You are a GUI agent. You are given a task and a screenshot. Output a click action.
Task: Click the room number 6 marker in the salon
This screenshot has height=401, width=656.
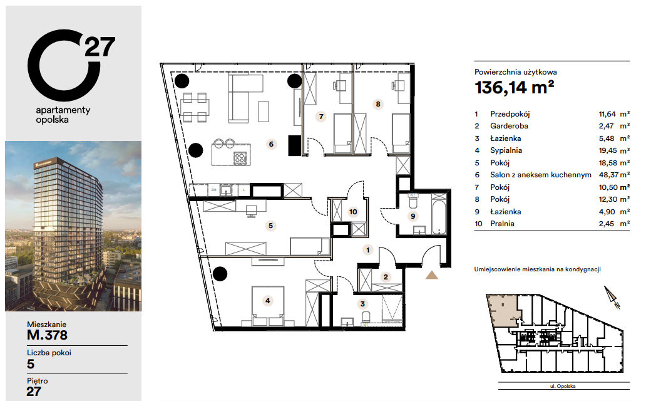pos(271,144)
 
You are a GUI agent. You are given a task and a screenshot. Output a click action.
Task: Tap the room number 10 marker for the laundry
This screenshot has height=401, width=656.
pos(353,212)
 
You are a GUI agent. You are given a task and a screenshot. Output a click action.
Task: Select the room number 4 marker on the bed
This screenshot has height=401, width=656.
pos(267,301)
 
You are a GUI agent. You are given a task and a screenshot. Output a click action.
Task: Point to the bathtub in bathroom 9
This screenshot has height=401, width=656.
pos(439,212)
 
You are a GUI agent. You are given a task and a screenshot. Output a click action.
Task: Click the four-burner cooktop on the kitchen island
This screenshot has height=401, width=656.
pos(240,158)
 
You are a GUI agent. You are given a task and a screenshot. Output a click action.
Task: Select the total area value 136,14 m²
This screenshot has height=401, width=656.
pos(514,88)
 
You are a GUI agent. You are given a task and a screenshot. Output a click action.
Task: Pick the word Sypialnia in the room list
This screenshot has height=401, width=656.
pos(506,150)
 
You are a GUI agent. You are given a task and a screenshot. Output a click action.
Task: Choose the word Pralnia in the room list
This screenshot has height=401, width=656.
pos(502,224)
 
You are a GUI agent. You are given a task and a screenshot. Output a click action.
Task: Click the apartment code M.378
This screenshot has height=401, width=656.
pos(48,335)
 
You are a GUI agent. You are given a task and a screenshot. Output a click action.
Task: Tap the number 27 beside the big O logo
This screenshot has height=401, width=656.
pos(100,46)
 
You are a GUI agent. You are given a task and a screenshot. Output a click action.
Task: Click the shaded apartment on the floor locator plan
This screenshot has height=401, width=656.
pos(503,310)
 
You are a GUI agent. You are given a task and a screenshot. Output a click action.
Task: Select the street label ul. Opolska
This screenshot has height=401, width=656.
pos(563,387)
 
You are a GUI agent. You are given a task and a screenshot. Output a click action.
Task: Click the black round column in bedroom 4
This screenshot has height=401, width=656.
pos(220,274)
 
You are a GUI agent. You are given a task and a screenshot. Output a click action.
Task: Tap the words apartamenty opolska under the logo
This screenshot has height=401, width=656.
pos(63,115)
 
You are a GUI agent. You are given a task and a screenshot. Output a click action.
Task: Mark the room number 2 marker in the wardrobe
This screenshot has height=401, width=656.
pos(386,277)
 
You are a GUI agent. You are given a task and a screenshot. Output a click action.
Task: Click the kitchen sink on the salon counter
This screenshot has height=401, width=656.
pos(226,190)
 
